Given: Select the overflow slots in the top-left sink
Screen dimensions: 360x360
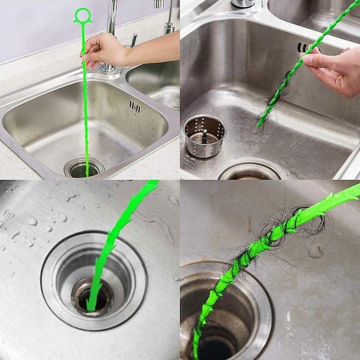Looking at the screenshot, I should click(134, 107).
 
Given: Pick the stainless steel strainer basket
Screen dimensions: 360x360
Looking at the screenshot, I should click(204, 136).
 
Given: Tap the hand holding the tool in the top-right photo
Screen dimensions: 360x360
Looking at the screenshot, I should click(336, 72).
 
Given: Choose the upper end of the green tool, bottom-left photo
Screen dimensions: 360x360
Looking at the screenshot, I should click(150, 186).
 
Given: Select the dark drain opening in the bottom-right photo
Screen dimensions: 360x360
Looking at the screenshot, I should click(216, 345).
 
